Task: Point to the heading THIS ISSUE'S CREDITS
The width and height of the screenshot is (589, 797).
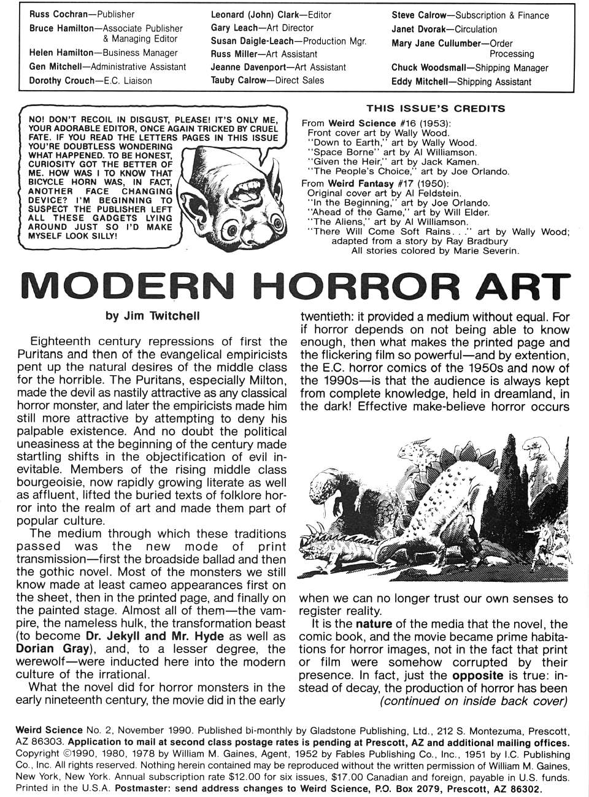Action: coord(436,109)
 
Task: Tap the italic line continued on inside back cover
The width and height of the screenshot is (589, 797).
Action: coord(474,701)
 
